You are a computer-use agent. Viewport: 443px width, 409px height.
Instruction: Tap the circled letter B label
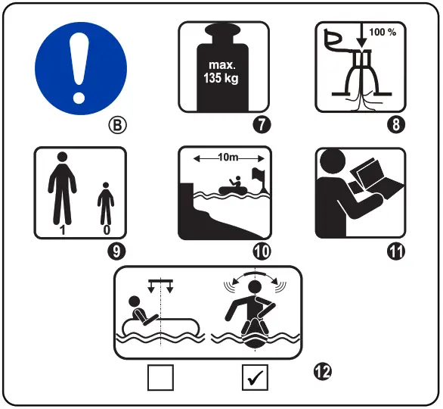(x=117, y=125)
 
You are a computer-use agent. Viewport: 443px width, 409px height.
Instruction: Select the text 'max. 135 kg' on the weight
(x=221, y=72)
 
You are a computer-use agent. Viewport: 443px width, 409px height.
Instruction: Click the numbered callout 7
(x=262, y=125)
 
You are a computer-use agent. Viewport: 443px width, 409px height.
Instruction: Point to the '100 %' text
(x=383, y=32)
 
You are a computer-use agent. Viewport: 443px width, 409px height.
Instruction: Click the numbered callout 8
(x=396, y=124)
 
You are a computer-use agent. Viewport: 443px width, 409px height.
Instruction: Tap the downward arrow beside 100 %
(x=361, y=35)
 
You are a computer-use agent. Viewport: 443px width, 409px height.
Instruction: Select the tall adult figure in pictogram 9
(x=62, y=189)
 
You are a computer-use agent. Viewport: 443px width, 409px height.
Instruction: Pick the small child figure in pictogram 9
(x=106, y=204)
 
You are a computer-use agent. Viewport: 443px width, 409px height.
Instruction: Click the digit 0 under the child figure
(x=107, y=230)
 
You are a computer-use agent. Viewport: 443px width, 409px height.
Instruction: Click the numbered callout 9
(x=116, y=251)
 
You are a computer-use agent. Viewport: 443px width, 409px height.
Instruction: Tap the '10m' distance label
(x=228, y=157)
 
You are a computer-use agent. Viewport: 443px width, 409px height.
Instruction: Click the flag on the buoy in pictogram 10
(x=259, y=174)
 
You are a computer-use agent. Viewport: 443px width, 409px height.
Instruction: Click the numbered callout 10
(x=262, y=251)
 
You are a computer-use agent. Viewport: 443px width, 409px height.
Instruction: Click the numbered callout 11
(x=396, y=251)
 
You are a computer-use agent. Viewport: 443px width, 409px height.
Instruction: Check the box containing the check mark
(x=255, y=377)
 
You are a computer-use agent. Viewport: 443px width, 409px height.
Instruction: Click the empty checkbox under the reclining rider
(x=160, y=377)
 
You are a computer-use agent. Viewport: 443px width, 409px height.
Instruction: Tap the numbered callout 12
(x=322, y=372)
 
